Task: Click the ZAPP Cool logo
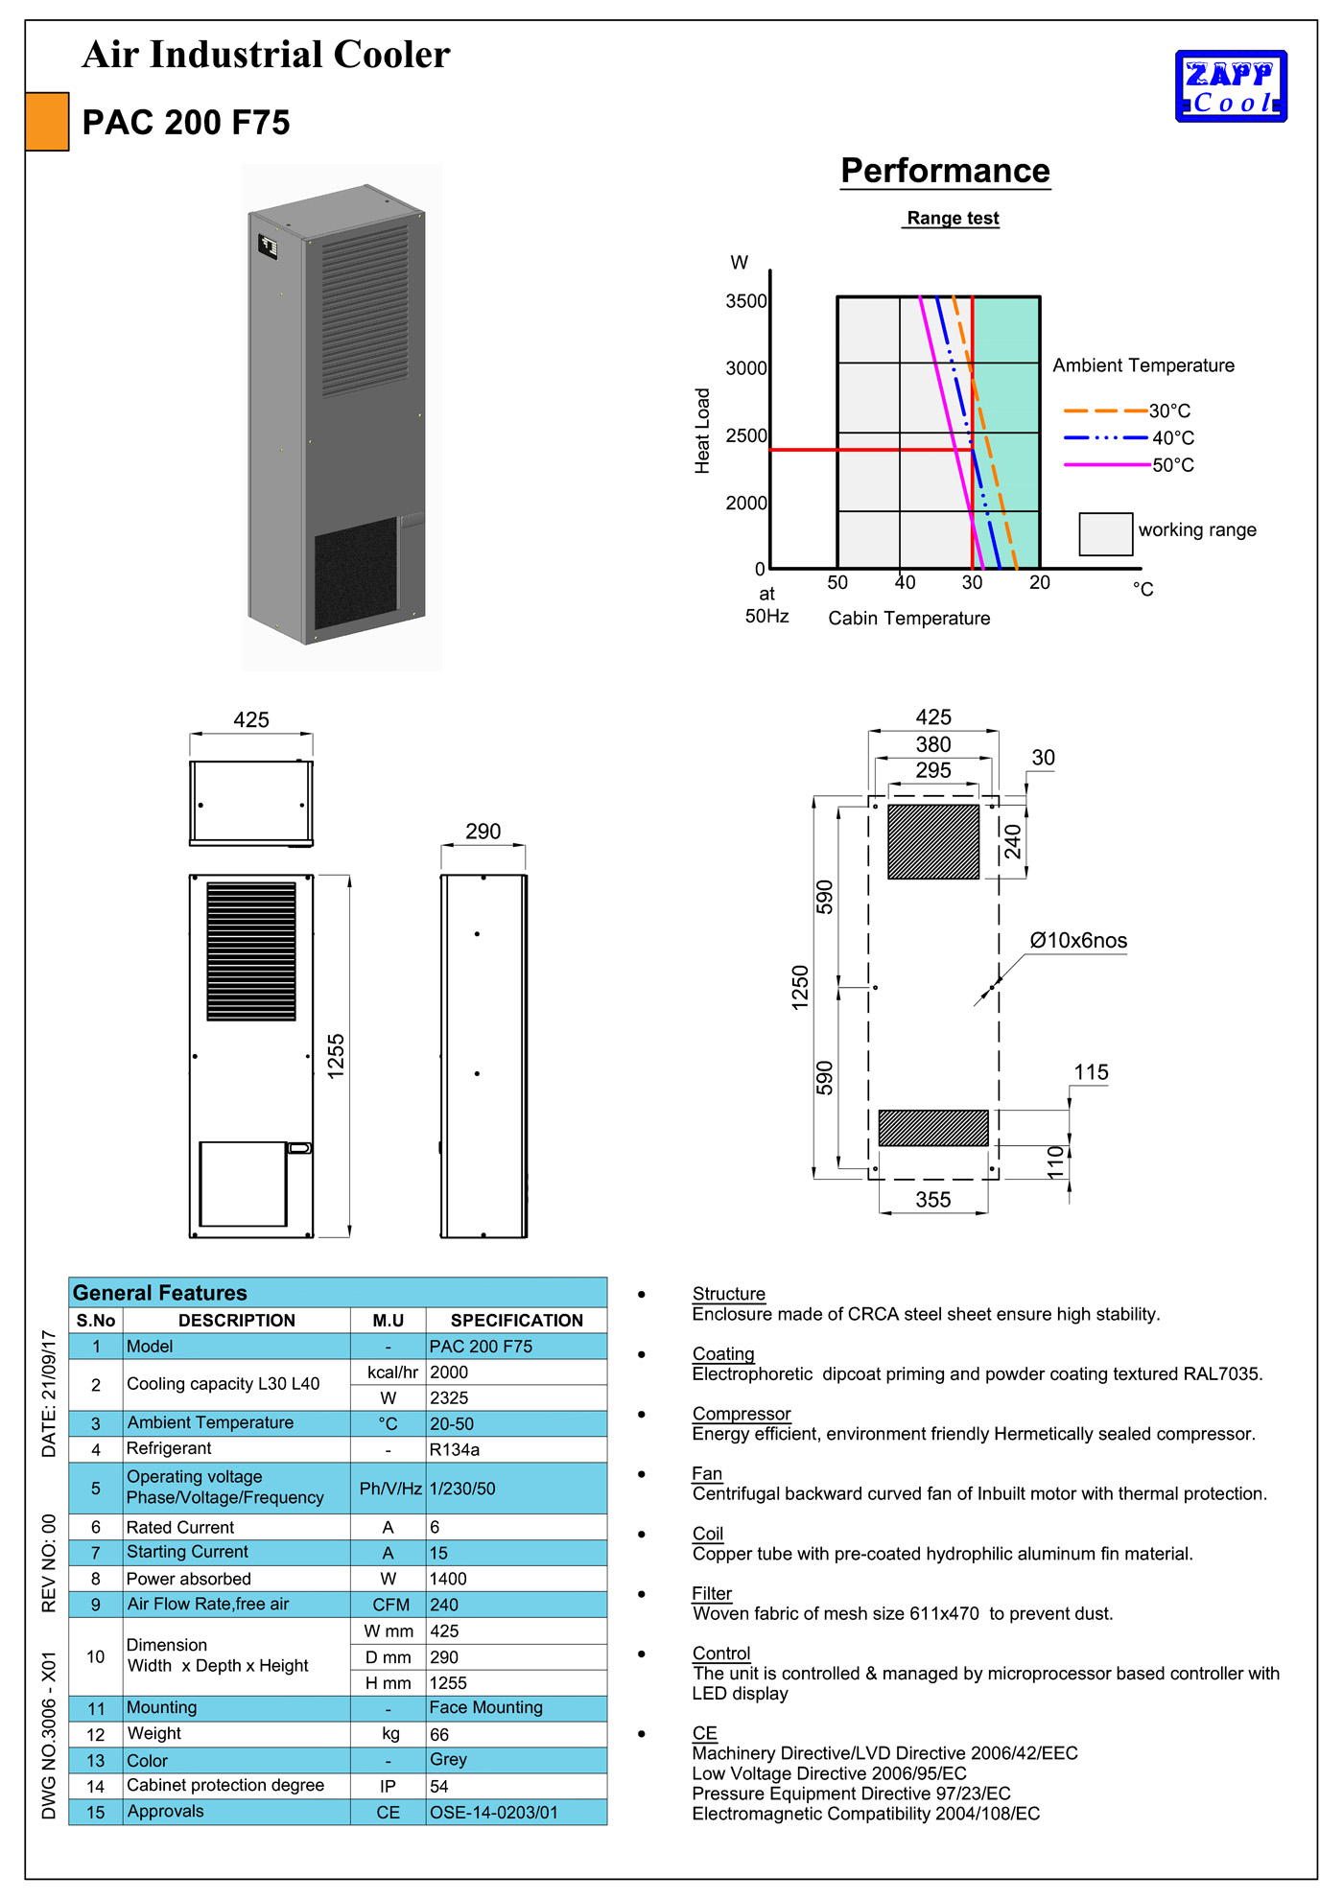click(1231, 86)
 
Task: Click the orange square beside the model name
click(47, 122)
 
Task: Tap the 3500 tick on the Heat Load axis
click(746, 301)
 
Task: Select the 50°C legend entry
click(1172, 465)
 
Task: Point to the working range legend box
click(1105, 534)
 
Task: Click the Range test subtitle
click(953, 219)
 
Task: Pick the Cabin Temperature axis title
click(908, 619)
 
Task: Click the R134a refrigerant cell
click(455, 1449)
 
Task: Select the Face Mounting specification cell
click(485, 1707)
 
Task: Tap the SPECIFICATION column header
click(516, 1321)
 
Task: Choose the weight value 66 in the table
click(439, 1734)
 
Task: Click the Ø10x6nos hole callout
click(1078, 941)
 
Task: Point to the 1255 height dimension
click(336, 1056)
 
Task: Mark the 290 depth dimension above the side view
click(483, 832)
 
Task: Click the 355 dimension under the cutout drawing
click(932, 1200)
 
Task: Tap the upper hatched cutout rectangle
click(933, 841)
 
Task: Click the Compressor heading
click(742, 1414)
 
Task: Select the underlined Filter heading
click(712, 1593)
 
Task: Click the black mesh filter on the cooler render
click(355, 573)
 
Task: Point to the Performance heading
click(945, 171)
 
